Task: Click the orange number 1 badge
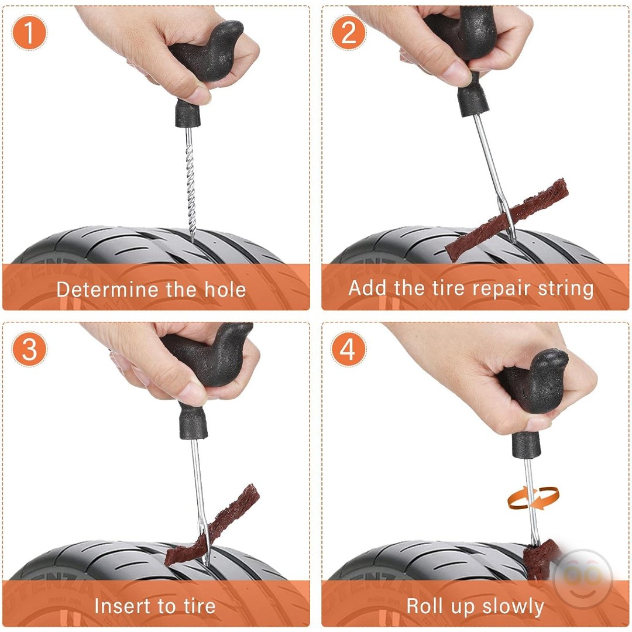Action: coord(29,32)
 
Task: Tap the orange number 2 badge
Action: coord(348,32)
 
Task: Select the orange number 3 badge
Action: coord(29,349)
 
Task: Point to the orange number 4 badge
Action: coord(348,349)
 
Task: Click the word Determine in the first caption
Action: coord(107,290)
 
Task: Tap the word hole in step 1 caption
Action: coord(225,290)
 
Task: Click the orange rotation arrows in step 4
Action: coord(533,498)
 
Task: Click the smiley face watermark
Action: coord(583,578)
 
